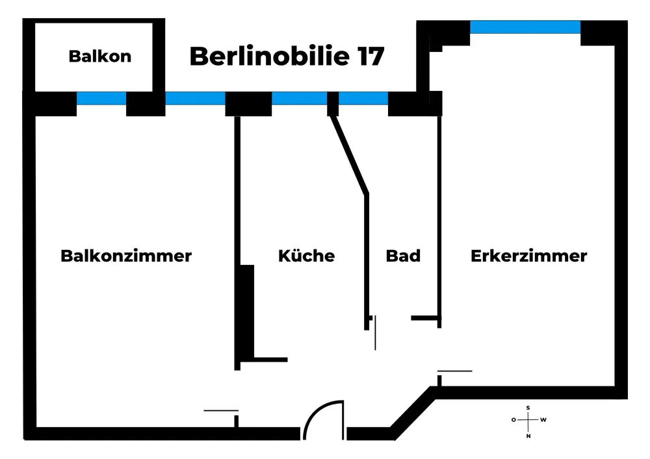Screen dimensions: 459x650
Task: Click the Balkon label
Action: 99,56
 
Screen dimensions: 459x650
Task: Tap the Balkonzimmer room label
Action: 126,256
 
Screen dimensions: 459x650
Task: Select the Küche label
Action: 306,256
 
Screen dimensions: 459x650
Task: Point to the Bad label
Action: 403,256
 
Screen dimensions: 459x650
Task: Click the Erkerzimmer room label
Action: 528,256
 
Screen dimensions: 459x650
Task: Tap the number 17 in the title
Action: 369,56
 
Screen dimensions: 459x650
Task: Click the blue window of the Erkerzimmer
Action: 525,27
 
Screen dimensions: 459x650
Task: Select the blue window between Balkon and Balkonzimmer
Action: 101,99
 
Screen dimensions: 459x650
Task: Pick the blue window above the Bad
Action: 363,99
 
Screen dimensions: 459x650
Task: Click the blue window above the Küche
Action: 299,99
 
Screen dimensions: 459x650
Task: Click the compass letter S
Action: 528,408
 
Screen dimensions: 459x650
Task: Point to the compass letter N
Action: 528,436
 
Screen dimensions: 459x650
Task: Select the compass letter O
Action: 513,420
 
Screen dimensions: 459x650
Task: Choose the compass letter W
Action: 543,420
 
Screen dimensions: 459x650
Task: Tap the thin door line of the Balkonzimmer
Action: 221,410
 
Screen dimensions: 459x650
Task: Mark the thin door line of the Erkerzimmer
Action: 454,371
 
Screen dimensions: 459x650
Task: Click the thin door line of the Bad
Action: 375,332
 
